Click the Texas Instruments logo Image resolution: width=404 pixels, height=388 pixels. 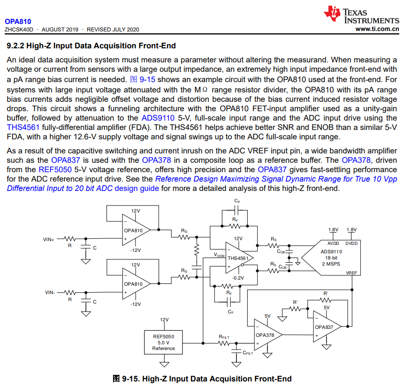point(361,15)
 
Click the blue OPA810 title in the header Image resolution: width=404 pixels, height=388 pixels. point(18,22)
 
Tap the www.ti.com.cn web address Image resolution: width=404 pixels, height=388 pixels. point(377,29)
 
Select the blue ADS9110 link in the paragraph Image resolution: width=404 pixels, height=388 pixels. point(158,118)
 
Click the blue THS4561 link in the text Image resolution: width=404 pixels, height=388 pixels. point(23,127)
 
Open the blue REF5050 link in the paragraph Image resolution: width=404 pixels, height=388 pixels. point(55,169)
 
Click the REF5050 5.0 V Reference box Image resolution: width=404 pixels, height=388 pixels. point(163,342)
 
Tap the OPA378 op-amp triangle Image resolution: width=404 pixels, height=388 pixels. point(268,335)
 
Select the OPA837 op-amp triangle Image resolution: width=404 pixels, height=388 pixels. point(327,327)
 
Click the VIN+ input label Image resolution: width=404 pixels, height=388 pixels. point(48,239)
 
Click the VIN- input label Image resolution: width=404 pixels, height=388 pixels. point(50,292)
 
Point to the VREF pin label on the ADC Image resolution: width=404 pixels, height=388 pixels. point(351,273)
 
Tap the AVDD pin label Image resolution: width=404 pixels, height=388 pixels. point(333,243)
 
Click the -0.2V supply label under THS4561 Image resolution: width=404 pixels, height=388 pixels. point(238,278)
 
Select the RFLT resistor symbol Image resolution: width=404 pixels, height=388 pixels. point(224,343)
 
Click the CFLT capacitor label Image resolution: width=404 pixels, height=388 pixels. point(248,352)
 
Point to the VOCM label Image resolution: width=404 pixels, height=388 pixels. point(219,255)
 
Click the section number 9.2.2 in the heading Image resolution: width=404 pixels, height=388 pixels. point(15,46)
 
